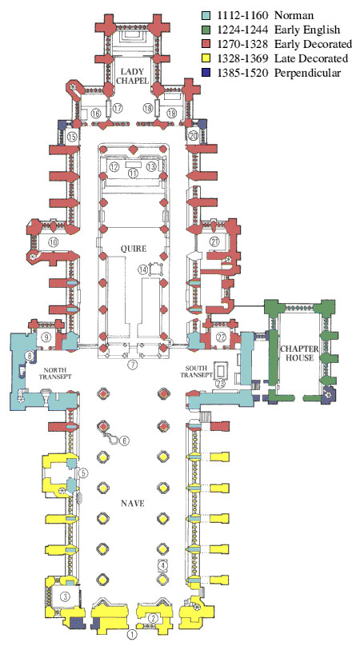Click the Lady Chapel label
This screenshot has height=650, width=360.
pyautogui.click(x=132, y=76)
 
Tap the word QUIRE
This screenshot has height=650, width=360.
pyautogui.click(x=133, y=249)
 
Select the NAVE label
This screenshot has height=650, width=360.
pyautogui.click(x=133, y=503)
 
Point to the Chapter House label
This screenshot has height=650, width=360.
pyautogui.click(x=299, y=353)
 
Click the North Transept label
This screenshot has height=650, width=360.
pyautogui.click(x=58, y=373)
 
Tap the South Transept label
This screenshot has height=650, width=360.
pyautogui.click(x=196, y=372)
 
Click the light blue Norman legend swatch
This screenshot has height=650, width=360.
pyautogui.click(x=206, y=16)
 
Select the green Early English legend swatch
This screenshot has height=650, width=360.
pyautogui.click(x=206, y=30)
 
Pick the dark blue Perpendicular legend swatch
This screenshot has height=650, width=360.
pyautogui.click(x=206, y=73)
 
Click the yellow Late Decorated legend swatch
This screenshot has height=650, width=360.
pyautogui.click(x=206, y=58)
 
